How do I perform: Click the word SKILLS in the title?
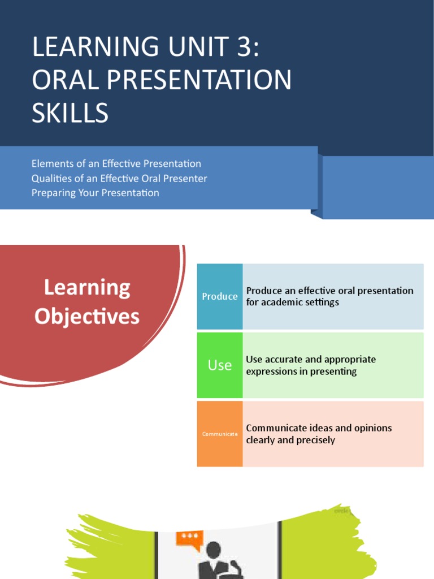70,114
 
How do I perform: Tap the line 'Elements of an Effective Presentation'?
116,164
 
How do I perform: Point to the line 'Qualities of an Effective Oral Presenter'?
119,179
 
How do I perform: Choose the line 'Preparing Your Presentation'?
96,193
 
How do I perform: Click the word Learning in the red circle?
87,288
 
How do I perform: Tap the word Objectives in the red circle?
87,317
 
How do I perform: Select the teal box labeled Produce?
220,296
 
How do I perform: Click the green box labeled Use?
220,365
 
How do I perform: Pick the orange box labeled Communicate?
220,434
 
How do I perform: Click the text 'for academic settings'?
293,303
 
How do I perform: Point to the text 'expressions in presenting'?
301,371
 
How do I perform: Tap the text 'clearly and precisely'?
290,440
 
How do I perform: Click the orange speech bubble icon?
189,537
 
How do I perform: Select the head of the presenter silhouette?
214,550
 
